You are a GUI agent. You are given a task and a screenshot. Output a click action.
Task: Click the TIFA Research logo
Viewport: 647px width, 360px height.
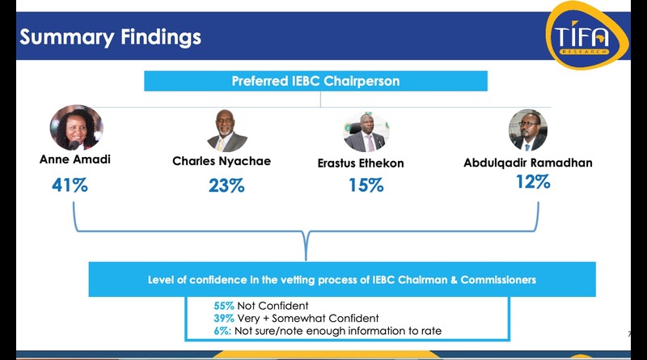pos(587,36)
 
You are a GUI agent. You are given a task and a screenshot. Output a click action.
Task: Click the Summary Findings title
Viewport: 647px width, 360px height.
pos(110,36)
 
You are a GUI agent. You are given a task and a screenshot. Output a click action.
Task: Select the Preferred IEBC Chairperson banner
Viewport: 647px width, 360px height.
pos(315,81)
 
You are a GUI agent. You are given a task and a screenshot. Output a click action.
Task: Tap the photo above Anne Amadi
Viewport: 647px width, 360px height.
pos(76,128)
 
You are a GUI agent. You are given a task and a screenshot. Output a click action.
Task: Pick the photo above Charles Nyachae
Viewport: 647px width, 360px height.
pos(227,130)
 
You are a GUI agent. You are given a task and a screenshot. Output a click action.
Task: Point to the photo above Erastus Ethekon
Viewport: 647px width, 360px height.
pos(366,132)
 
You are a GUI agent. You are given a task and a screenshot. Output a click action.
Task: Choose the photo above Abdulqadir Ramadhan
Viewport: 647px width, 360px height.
pos(528,130)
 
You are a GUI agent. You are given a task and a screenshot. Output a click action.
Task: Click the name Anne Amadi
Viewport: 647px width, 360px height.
pos(75,159)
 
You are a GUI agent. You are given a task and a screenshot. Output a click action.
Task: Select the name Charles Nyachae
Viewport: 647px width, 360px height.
pos(222,161)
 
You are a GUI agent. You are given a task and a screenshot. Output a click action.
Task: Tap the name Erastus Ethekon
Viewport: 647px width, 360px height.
pos(361,163)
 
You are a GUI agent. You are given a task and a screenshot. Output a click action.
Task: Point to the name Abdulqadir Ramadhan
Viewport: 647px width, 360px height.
pos(528,163)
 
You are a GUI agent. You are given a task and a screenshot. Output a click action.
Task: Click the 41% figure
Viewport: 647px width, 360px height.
pos(70,185)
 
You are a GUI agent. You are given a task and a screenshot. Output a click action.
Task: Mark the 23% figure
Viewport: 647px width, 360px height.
pos(226,185)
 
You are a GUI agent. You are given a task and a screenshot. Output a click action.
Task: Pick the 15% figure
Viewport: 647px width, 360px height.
pos(366,185)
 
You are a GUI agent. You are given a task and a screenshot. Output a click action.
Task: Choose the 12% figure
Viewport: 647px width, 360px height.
pos(533,182)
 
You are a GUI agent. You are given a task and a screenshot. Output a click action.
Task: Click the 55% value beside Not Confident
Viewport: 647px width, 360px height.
pos(224,306)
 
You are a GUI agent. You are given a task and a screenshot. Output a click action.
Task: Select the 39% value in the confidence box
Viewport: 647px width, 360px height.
pos(224,318)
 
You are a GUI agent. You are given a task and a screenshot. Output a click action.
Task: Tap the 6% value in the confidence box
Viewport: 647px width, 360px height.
pos(222,331)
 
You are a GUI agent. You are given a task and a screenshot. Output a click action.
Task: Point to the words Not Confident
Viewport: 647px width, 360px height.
pos(273,306)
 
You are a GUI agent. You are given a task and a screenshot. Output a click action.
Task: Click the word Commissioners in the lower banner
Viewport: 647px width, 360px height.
pos(498,280)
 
